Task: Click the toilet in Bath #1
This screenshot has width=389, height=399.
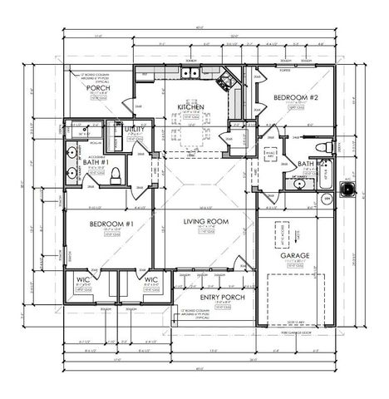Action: (x=116, y=175)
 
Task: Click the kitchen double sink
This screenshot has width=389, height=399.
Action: (x=191, y=73)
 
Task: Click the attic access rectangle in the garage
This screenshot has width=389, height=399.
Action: (x=279, y=237)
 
